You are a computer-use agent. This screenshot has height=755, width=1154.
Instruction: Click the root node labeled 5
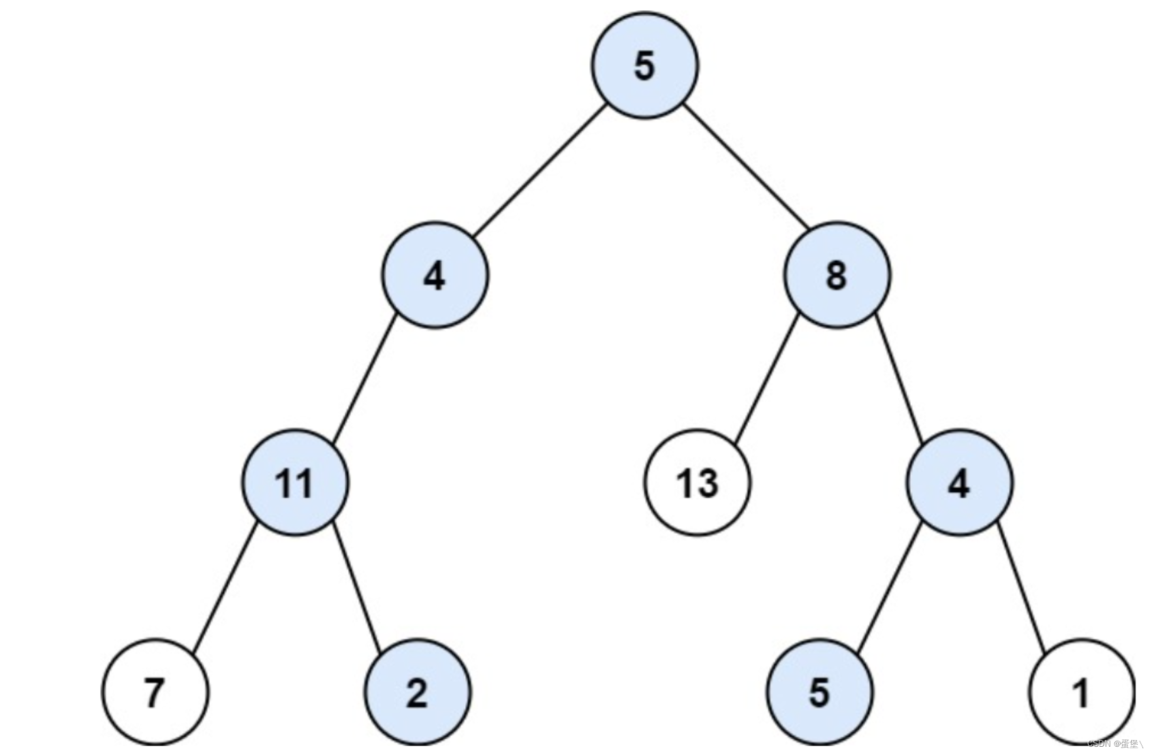pyautogui.click(x=644, y=65)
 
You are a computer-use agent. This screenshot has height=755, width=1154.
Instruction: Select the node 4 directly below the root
pyautogui.click(x=435, y=275)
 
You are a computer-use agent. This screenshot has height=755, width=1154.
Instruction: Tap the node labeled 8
pyautogui.click(x=837, y=275)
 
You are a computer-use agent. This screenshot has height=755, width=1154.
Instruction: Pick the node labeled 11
pyautogui.click(x=294, y=483)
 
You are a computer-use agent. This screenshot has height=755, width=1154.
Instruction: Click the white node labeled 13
pyautogui.click(x=697, y=483)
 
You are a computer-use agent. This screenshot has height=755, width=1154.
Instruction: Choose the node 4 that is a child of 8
pyautogui.click(x=959, y=483)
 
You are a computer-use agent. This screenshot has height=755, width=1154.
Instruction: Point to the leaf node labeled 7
pyautogui.click(x=155, y=692)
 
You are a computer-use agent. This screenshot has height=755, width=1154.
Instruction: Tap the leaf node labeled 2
pyautogui.click(x=417, y=692)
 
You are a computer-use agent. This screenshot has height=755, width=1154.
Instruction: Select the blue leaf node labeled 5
pyautogui.click(x=819, y=692)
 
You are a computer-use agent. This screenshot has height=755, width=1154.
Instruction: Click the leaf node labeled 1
pyautogui.click(x=1081, y=692)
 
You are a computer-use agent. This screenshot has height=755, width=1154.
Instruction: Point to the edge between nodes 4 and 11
pyautogui.click(x=364, y=379)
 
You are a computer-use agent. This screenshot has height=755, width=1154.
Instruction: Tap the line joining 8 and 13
pyautogui.click(x=767, y=379)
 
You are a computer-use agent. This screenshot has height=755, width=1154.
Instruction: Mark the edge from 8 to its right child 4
pyautogui.click(x=898, y=379)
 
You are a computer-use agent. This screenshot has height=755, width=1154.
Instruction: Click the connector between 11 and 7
pyautogui.click(x=225, y=587)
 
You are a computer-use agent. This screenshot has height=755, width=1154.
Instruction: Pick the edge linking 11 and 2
pyautogui.click(x=356, y=587)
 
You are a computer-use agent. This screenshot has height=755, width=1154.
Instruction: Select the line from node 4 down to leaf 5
pyautogui.click(x=889, y=587)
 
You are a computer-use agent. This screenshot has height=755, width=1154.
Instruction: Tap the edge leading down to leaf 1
pyautogui.click(x=1020, y=587)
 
